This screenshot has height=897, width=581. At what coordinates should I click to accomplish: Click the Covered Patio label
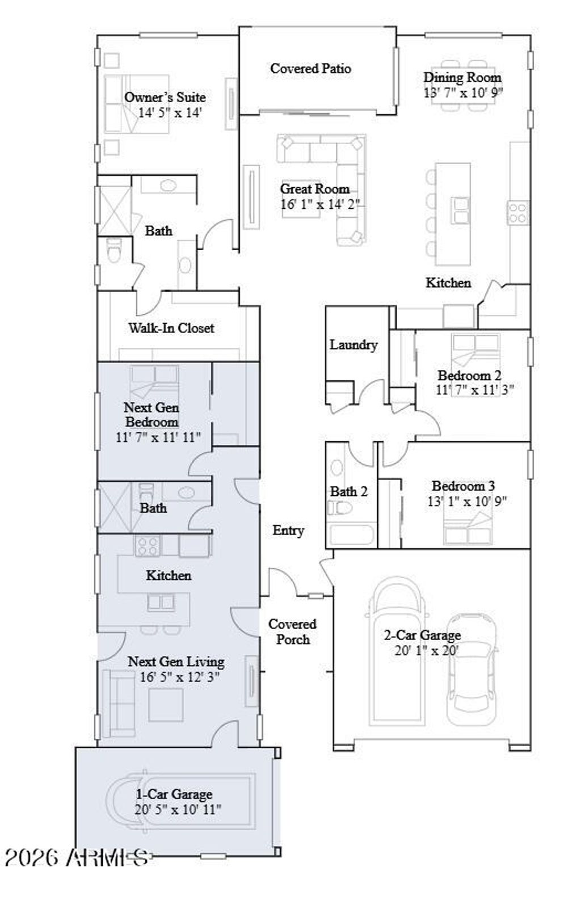tap(310, 69)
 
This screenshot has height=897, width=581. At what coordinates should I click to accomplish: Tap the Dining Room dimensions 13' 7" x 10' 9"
tap(463, 92)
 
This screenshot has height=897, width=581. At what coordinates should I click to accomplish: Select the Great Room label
tap(314, 189)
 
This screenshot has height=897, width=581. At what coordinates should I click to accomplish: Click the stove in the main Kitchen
tap(518, 213)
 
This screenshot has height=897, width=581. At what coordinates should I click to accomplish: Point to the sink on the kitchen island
tap(460, 210)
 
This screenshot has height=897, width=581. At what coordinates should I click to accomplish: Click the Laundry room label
tap(353, 344)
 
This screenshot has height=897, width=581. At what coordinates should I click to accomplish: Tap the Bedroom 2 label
tap(469, 375)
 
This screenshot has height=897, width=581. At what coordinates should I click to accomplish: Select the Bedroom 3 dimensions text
tap(466, 501)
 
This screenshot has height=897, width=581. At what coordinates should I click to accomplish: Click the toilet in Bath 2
tap(340, 507)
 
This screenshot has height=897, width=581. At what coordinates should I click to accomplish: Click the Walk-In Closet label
tap(171, 327)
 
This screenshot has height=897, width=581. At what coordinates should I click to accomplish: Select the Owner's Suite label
tap(165, 97)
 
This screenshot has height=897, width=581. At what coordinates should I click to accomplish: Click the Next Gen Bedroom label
tap(151, 415)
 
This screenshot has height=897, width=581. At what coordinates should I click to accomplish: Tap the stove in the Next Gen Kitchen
tap(147, 546)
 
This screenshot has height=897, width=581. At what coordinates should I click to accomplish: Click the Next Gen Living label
tap(176, 662)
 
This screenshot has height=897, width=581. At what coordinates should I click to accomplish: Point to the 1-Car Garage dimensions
tap(178, 810)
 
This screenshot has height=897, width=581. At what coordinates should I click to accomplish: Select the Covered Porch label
tap(292, 631)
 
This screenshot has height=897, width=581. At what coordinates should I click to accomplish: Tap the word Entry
tap(288, 530)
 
